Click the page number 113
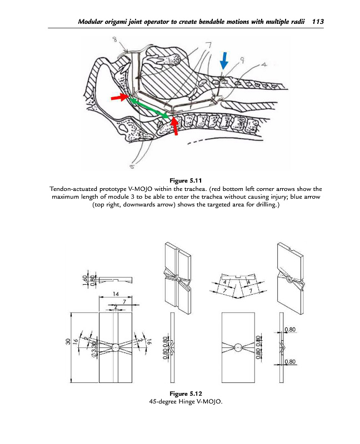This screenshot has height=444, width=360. click(x=318, y=22)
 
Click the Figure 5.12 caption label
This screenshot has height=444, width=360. click(x=179, y=393)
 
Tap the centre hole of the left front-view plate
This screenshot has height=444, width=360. click(x=115, y=347)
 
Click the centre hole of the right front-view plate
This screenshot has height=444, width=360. click(x=238, y=348)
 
